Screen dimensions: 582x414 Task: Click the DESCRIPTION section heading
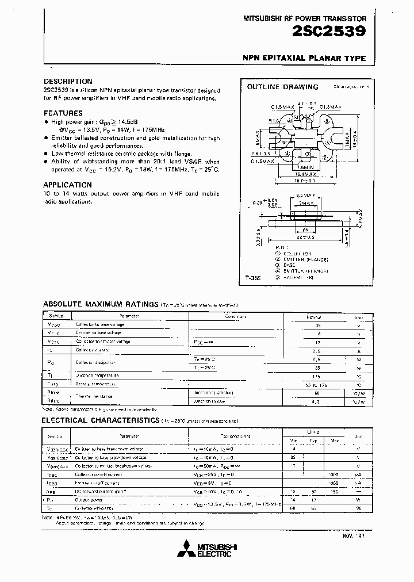tap(68, 82)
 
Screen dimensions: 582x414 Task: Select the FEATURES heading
tap(63, 113)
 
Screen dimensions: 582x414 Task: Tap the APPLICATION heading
tap(67, 185)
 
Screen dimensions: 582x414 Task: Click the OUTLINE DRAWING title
tap(282, 87)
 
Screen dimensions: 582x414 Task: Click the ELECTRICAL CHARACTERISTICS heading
tap(100, 420)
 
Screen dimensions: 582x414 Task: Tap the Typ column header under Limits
tap(314, 440)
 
